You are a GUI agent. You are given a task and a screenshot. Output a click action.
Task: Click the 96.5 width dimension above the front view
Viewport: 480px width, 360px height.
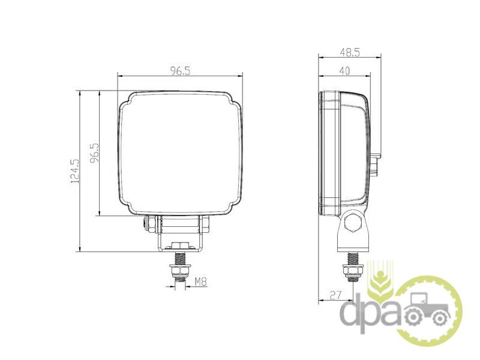181,71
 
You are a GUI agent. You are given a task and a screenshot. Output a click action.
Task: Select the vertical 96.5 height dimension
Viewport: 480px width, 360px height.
95,152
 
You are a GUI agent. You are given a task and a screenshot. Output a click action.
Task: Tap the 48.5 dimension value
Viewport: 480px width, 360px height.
350,52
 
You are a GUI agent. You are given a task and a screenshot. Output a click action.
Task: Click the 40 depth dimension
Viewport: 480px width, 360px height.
344,71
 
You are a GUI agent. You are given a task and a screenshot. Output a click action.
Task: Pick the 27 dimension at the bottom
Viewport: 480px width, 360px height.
335,295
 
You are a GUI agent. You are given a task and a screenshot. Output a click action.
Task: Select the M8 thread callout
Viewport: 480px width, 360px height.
201,281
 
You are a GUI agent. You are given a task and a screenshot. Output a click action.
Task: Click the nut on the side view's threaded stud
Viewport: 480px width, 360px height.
352,271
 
